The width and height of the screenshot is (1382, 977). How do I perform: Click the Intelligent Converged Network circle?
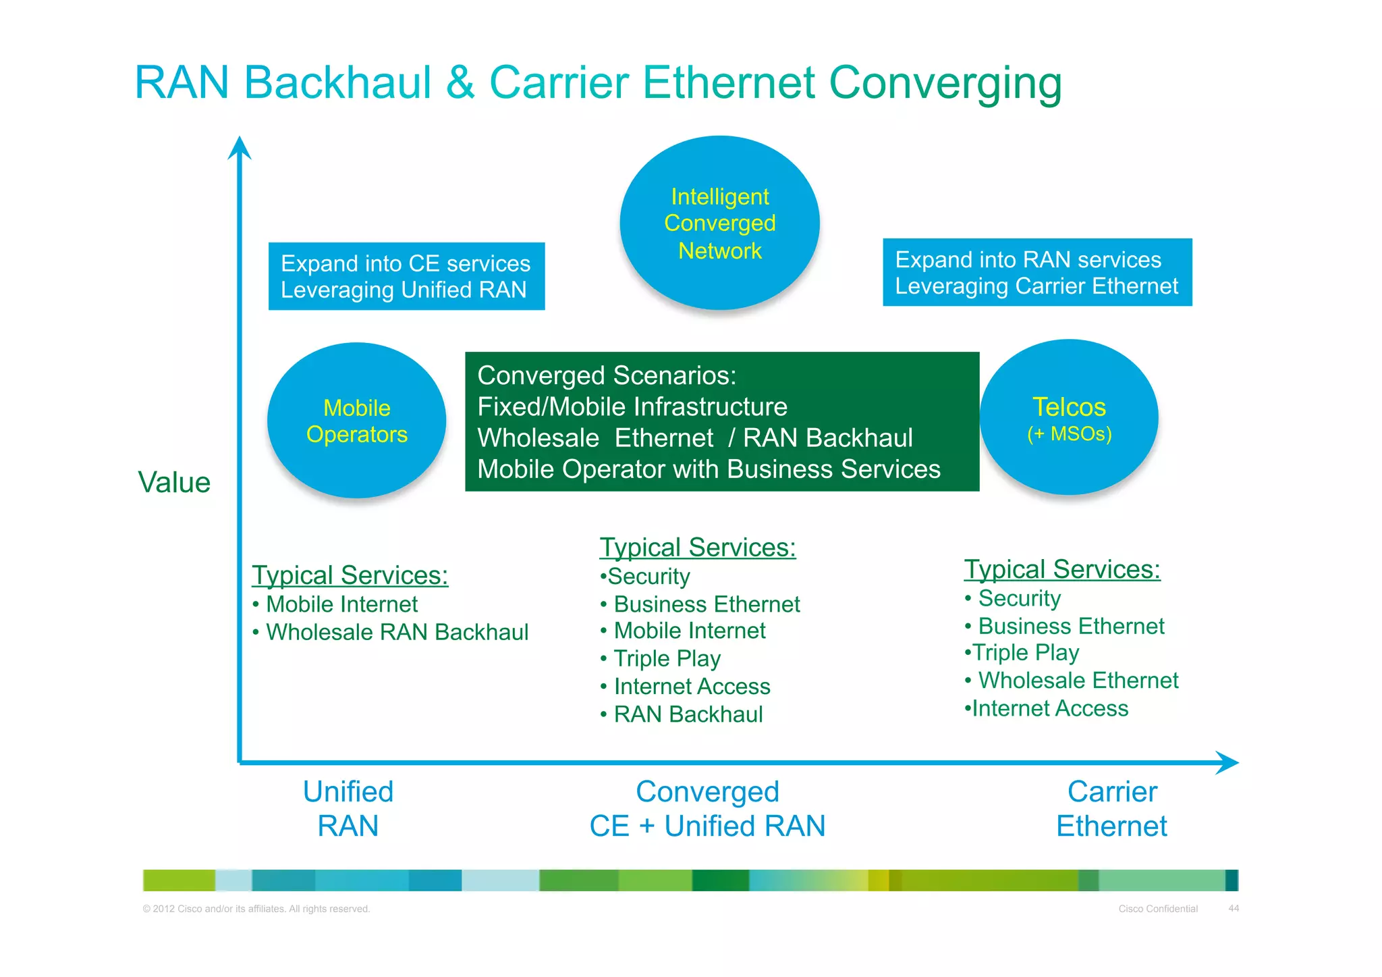click(719, 223)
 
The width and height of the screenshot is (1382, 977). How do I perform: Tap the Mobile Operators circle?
click(356, 421)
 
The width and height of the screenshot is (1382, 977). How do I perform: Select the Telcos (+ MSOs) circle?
click(1069, 418)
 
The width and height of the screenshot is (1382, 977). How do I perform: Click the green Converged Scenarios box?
click(721, 421)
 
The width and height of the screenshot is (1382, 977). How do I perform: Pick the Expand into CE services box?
click(406, 276)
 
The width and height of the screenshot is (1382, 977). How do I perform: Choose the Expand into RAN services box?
click(1036, 272)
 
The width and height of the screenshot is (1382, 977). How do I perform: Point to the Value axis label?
click(174, 482)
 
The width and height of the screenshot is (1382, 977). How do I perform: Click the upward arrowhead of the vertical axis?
click(240, 148)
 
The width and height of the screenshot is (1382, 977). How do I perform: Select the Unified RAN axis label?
click(348, 808)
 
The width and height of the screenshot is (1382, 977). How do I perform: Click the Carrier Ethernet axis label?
click(1111, 808)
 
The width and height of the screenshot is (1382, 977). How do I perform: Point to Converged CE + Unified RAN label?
click(707, 808)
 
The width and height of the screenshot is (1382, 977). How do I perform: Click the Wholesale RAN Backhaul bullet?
click(397, 632)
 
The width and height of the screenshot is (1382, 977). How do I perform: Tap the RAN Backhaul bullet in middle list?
click(688, 714)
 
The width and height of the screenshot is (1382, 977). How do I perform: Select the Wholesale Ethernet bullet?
click(1078, 680)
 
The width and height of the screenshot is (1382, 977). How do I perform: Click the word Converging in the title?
click(945, 83)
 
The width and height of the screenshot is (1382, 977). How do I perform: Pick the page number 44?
click(1233, 908)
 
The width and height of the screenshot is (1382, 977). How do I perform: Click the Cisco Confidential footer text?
click(1157, 909)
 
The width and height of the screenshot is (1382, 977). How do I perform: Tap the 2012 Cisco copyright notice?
click(256, 909)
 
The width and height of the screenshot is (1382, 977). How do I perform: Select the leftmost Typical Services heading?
click(350, 575)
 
